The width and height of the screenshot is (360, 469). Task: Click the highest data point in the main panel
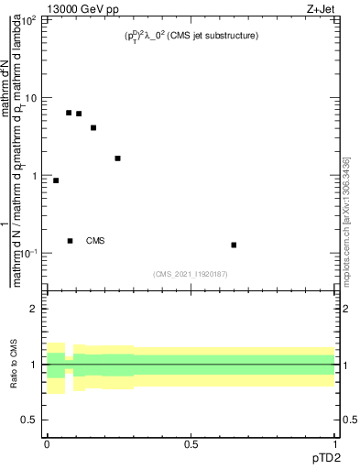pyautogui.click(x=69, y=113)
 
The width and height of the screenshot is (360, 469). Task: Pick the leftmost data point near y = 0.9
pyautogui.click(x=56, y=180)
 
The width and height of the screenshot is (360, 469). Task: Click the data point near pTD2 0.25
pyautogui.click(x=117, y=158)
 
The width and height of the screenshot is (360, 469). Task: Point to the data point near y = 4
pyautogui.click(x=93, y=128)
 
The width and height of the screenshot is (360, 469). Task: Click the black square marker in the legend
pyautogui.click(x=70, y=241)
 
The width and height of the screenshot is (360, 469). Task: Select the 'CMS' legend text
pyautogui.click(x=95, y=241)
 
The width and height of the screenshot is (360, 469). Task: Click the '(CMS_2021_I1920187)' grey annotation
pyautogui.click(x=191, y=274)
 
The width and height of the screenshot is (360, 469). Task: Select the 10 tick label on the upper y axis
pyautogui.click(x=30, y=98)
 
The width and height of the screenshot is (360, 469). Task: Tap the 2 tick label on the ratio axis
pyautogui.click(x=35, y=309)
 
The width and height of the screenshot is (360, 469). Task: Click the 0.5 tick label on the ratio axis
pyautogui.click(x=29, y=420)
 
